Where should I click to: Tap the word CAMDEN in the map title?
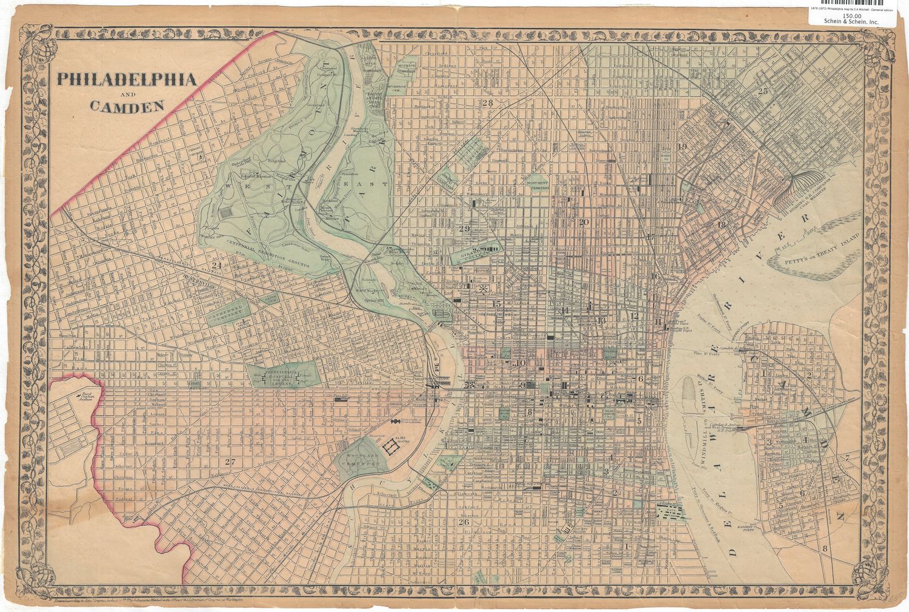pos(127,106)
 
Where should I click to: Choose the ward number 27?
pos(228,462)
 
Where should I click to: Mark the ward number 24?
pos(215,265)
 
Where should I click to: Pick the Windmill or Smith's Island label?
pos(707,407)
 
